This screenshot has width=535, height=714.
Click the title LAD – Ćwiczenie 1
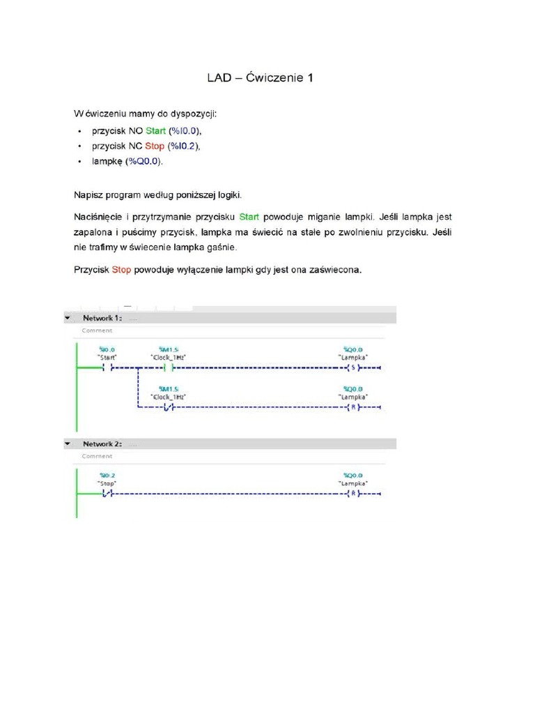260,79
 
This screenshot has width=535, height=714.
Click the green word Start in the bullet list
156,130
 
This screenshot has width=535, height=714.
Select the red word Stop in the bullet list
155,146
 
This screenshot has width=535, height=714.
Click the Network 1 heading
102,317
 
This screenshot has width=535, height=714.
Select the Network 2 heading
102,443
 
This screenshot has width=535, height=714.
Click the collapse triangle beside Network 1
68,317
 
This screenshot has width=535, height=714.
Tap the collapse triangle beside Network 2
68,443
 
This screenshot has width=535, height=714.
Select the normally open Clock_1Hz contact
167,367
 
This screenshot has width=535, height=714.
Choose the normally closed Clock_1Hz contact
167,408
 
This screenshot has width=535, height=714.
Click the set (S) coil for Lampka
352,367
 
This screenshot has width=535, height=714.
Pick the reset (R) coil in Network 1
352,408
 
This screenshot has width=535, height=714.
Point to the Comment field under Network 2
97,456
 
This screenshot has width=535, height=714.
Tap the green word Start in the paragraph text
249,217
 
